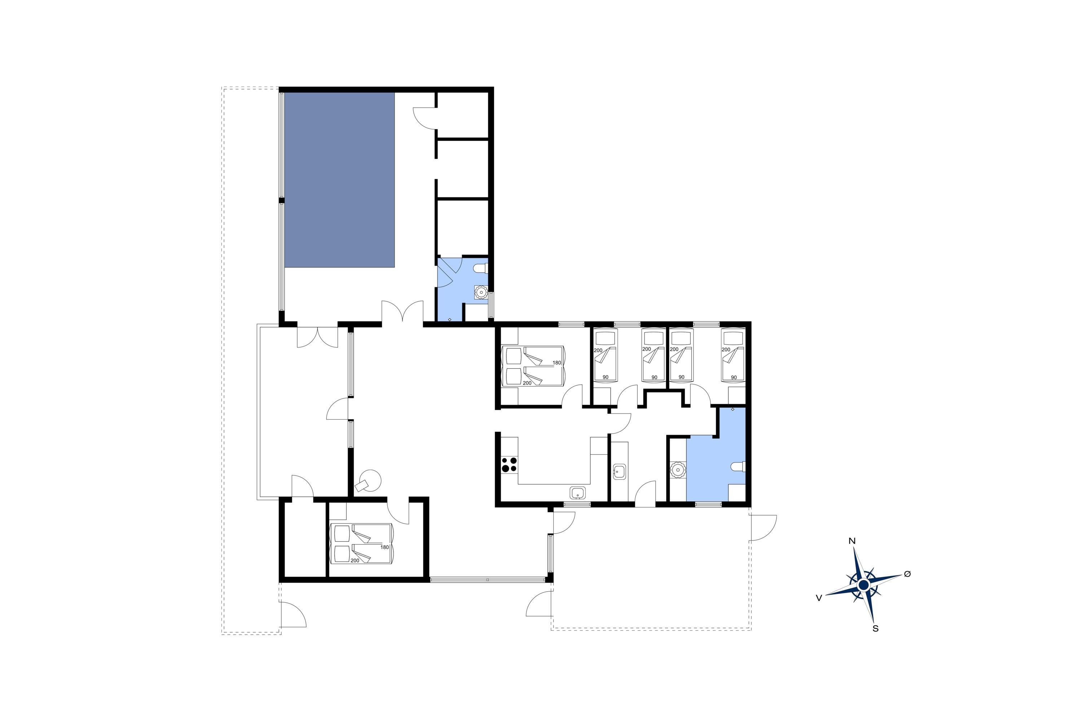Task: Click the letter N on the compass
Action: click(x=852, y=541)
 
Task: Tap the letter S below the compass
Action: click(x=875, y=629)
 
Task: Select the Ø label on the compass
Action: click(x=907, y=574)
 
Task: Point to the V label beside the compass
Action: click(x=819, y=598)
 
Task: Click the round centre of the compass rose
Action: click(x=863, y=585)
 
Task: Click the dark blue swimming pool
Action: click(x=339, y=180)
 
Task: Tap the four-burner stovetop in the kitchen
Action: click(x=509, y=464)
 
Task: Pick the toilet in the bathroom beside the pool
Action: click(x=480, y=268)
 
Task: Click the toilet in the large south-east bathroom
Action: click(x=738, y=467)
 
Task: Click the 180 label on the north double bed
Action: click(x=557, y=363)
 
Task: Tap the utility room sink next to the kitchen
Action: click(x=619, y=471)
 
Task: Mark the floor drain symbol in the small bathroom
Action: click(x=449, y=319)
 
